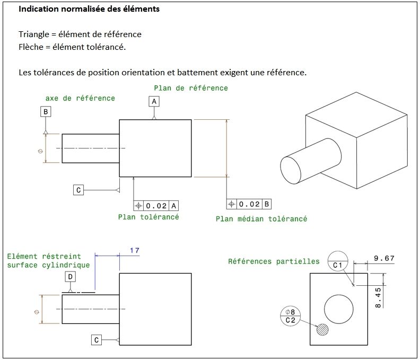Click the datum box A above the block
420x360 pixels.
154,101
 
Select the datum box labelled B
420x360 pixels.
46,111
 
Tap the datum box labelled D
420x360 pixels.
70,277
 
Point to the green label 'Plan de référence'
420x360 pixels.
191,88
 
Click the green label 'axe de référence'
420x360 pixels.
80,98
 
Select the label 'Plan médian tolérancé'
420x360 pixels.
261,218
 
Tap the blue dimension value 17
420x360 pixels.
134,250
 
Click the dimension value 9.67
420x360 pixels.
384,258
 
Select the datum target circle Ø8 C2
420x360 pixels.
290,315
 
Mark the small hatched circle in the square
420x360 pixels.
322,329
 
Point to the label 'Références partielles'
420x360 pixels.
274,261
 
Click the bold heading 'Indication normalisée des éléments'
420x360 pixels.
89,10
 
